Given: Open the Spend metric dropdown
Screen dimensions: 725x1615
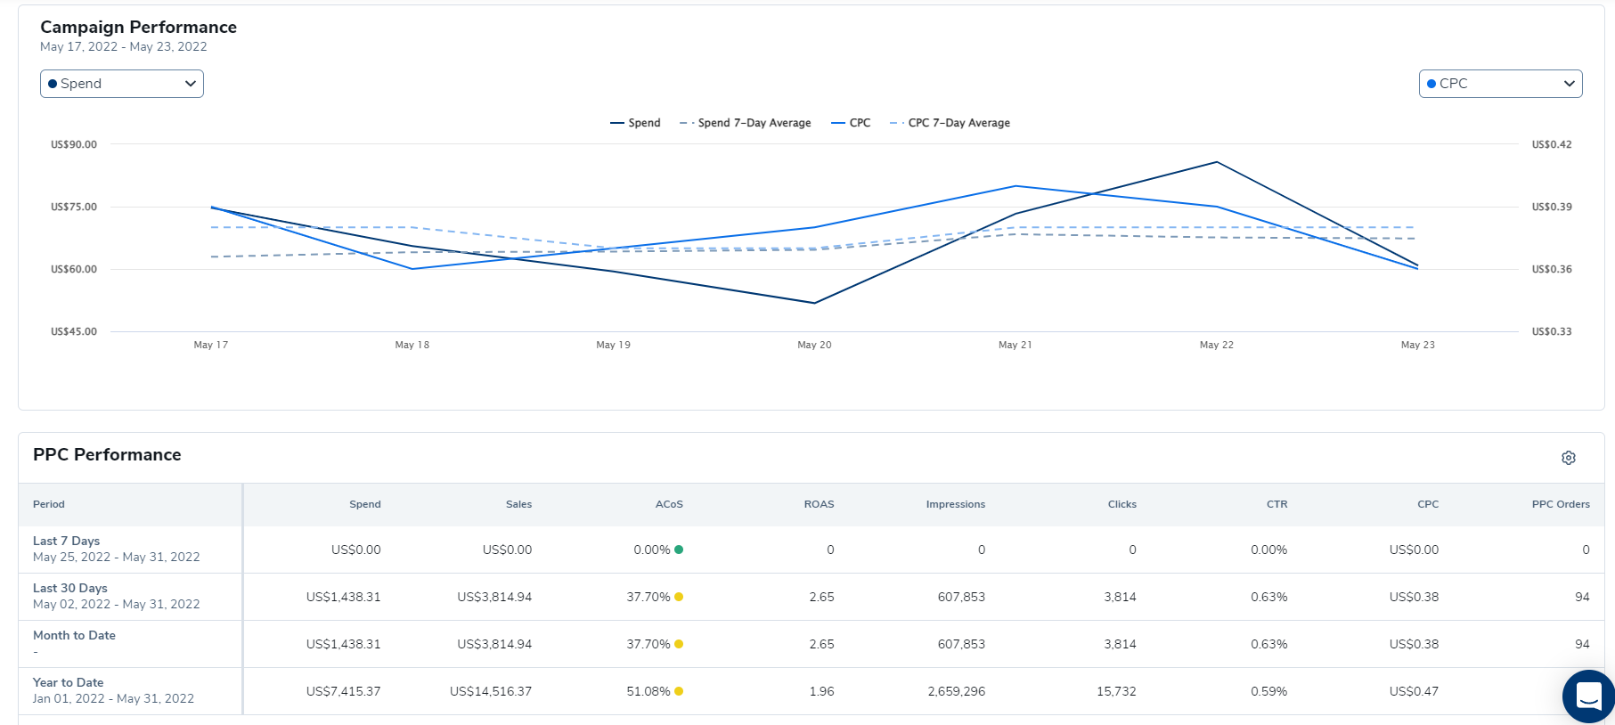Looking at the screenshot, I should (122, 84).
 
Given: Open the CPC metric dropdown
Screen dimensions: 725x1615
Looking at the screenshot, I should (1500, 84).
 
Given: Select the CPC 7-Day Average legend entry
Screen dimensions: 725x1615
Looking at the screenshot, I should (950, 123).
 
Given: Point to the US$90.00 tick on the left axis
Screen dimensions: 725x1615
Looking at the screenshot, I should (74, 144).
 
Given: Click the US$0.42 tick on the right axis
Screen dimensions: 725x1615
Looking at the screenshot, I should (1552, 144).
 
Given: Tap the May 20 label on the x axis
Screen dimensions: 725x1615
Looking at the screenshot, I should (814, 345).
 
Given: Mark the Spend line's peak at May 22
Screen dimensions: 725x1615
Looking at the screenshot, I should (1217, 162).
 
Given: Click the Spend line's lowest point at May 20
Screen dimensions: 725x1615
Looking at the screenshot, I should (814, 303).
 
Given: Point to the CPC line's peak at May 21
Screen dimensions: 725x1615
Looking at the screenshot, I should (1015, 186).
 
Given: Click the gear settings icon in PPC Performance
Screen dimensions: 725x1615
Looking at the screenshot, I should (1569, 458).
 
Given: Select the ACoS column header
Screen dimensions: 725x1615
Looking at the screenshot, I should (669, 504).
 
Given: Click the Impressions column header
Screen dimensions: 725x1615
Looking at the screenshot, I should (955, 504).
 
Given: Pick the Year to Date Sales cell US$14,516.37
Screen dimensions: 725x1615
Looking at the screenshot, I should (491, 691).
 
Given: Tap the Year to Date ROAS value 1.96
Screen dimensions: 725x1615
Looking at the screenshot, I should (821, 691).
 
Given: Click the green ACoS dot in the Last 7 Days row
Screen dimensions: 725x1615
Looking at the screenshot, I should (679, 550).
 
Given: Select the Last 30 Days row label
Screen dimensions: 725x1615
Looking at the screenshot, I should (70, 588).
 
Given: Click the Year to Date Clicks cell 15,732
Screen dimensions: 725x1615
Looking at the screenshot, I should (1116, 691).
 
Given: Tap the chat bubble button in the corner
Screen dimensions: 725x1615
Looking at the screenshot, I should (1588, 696).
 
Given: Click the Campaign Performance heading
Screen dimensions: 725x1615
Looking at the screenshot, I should (138, 28).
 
